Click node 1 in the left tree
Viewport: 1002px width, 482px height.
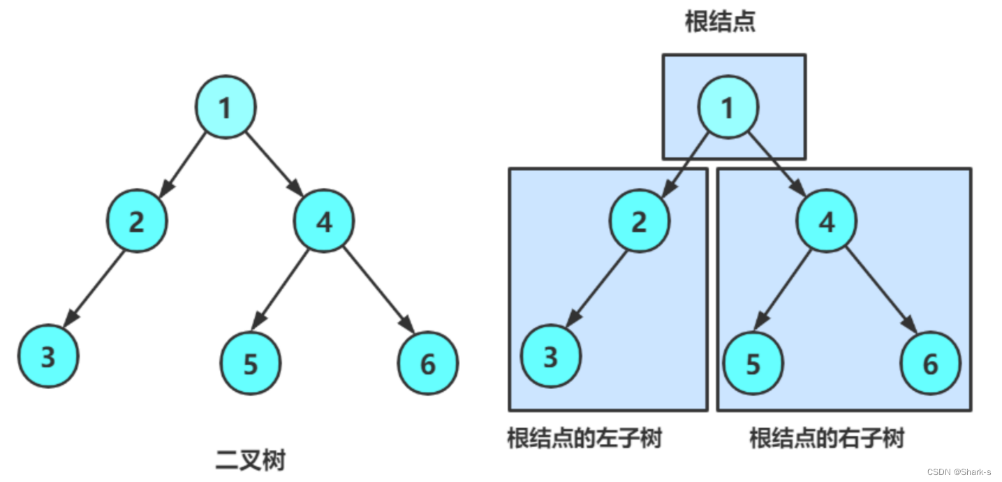coord(225,108)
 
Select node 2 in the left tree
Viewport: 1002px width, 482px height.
coord(137,221)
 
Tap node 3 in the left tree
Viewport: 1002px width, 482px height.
coord(47,357)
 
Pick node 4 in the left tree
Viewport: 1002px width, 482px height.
coord(324,221)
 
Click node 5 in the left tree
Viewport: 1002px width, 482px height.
coord(251,364)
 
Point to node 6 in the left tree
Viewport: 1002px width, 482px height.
coord(428,363)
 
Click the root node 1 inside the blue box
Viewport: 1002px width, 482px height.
coord(728,108)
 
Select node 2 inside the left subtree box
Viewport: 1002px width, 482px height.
coord(639,221)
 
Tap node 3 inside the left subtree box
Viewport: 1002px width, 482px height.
coord(550,357)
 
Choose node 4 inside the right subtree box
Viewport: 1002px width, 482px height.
coord(827,221)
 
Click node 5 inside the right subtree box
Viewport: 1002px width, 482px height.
coord(753,364)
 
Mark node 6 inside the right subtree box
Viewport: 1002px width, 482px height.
coord(930,364)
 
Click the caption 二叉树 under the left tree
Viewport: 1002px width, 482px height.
coord(251,460)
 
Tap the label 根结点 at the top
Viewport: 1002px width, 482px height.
coord(720,22)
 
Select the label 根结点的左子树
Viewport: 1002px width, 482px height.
coord(584,439)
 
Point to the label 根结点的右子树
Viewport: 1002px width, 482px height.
coord(827,439)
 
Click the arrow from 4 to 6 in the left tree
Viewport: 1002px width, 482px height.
coord(377,290)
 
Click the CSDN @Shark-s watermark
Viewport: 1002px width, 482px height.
coord(959,472)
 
